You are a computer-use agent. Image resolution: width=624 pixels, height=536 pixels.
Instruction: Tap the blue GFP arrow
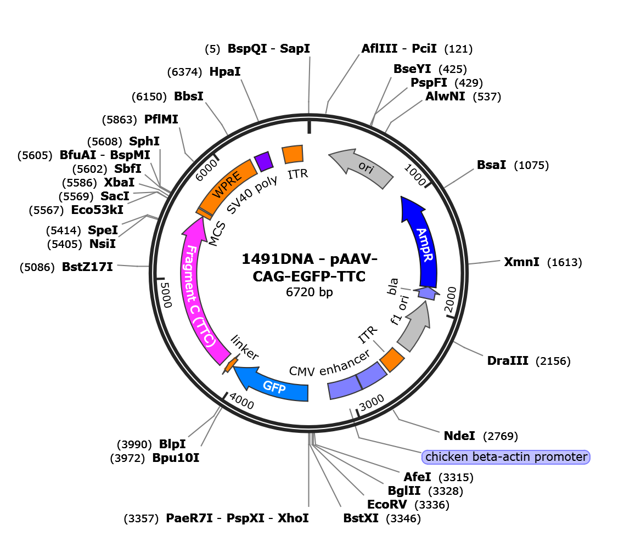point(274,386)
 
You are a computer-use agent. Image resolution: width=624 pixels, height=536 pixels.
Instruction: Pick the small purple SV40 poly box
point(263,161)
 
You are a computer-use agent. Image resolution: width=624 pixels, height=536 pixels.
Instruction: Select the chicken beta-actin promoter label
point(506,457)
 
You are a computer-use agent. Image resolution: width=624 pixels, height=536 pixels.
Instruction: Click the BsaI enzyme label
point(492,165)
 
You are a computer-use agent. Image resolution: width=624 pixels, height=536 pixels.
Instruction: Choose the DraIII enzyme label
point(508,360)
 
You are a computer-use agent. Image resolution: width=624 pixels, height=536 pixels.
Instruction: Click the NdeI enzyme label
point(459,436)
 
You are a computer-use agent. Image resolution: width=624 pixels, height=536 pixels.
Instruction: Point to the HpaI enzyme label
point(225,72)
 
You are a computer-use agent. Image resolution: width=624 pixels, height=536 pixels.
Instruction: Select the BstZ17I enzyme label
point(88,267)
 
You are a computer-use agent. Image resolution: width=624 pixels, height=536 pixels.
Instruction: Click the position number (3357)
point(141,518)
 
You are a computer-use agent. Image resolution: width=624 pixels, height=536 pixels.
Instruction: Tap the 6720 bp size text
point(309,292)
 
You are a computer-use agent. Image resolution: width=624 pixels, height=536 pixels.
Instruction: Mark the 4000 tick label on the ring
point(241,402)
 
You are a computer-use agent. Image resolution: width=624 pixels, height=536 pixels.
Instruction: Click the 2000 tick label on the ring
point(450,300)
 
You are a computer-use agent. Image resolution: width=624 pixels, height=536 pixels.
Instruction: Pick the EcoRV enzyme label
point(387,505)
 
